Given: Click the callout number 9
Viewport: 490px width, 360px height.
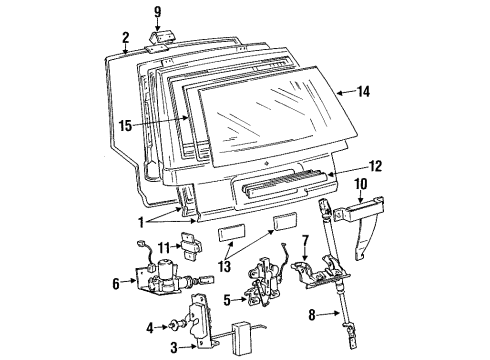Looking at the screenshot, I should pos(156,13).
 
